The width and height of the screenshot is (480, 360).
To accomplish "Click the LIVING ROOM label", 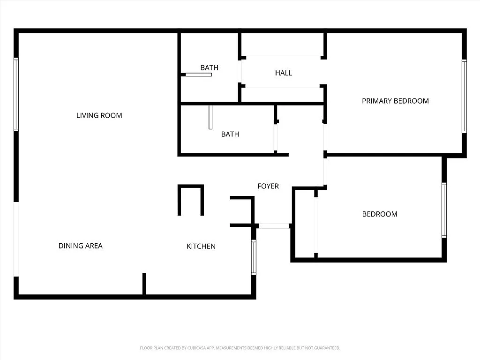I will [x=99, y=115].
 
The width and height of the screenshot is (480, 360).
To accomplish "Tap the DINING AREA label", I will [x=80, y=246].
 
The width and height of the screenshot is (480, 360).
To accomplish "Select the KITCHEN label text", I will [x=201, y=246].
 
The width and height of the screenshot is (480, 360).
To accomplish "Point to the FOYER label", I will [x=268, y=186].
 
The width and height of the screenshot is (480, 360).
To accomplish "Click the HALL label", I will [x=284, y=73].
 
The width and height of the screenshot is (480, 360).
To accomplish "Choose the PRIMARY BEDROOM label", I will [x=395, y=101].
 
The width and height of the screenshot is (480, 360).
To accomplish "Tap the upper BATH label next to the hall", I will [x=209, y=67].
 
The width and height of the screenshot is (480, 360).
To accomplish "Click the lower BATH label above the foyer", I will [x=230, y=134].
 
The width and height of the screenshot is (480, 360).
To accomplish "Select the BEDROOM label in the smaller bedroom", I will [x=380, y=214].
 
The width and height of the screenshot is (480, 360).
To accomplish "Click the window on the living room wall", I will [x=16, y=94].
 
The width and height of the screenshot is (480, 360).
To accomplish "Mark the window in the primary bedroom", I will [x=464, y=97].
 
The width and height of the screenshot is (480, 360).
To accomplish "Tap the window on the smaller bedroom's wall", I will [x=444, y=210].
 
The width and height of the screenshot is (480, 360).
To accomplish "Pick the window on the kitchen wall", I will [x=254, y=257].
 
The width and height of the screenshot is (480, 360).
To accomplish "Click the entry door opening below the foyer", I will [x=274, y=226].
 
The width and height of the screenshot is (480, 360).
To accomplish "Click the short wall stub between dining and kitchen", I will [x=144, y=284].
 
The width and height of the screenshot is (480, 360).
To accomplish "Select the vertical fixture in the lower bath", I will [x=210, y=117].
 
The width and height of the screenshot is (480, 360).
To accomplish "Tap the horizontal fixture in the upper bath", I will [x=198, y=75].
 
